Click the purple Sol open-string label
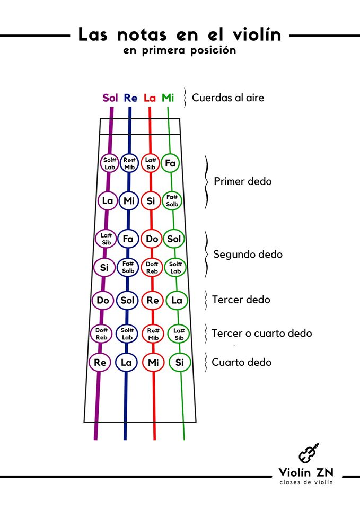click(110, 98)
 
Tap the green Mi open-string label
click(168, 98)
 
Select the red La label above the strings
click(150, 98)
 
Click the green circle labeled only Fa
click(170, 163)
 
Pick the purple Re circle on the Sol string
click(100, 363)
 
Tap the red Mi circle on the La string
click(153, 363)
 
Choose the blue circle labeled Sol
click(127, 301)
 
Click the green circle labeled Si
click(180, 363)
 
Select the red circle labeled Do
click(152, 239)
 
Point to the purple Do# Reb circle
click(101, 334)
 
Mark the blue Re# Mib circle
click(129, 163)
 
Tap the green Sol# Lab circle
click(175, 268)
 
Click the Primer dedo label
click(242, 181)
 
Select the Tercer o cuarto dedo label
click(261, 334)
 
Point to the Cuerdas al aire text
click(228, 98)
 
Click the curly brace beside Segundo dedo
click(207, 254)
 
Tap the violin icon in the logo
click(309, 454)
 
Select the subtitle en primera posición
click(180, 51)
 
